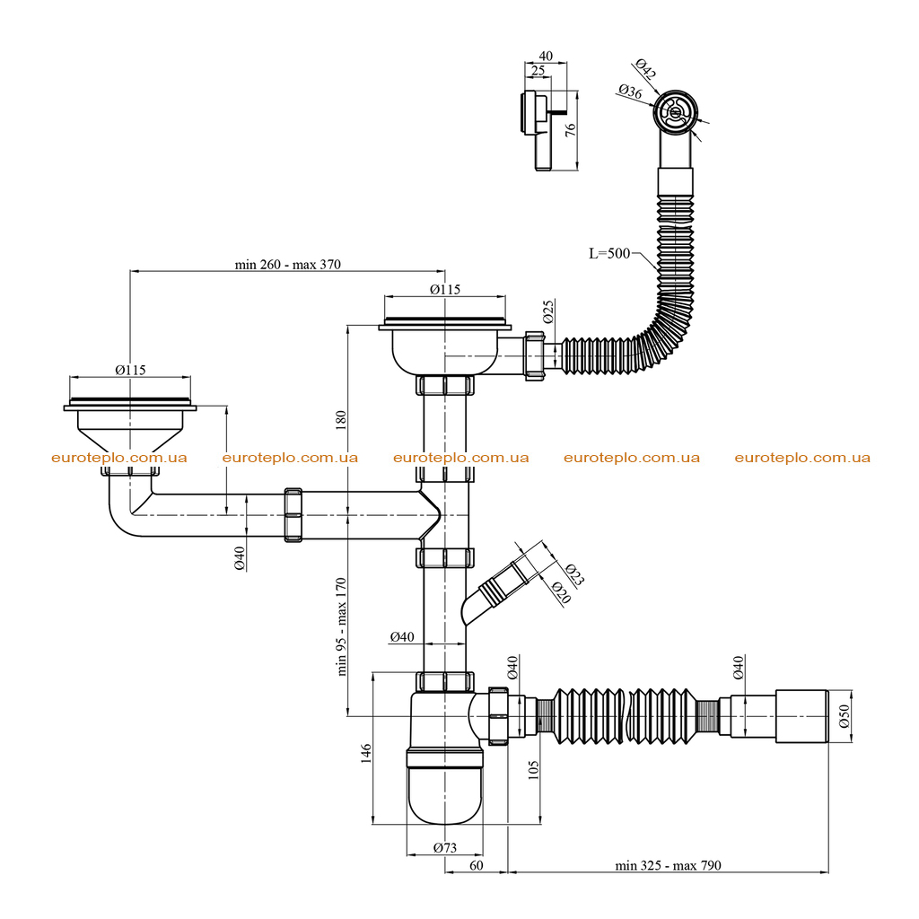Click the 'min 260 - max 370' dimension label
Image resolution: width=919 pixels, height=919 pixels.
[287, 265]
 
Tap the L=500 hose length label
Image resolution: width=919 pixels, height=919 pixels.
[609, 253]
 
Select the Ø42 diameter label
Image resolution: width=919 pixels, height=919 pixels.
[645, 68]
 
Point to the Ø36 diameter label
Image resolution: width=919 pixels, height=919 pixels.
[630, 92]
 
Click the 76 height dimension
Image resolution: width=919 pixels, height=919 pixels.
[570, 129]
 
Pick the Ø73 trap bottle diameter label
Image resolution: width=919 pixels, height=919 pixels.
[445, 847]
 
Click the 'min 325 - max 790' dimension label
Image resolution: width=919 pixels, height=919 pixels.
[668, 866]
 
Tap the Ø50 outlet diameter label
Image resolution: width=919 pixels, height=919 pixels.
[844, 716]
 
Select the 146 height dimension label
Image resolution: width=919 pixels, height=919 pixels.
[366, 753]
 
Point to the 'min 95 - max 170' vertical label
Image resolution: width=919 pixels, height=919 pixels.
[342, 626]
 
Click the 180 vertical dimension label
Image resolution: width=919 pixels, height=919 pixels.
[341, 420]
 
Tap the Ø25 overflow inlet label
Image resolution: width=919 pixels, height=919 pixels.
[548, 311]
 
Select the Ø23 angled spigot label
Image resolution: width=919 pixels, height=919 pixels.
[575, 575]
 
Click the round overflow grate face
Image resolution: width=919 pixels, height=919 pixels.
[676, 111]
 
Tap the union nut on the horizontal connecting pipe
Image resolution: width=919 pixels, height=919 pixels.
[293, 514]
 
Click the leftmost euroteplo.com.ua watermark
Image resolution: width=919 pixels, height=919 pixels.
[119, 458]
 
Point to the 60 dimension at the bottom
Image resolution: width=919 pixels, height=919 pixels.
[477, 866]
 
